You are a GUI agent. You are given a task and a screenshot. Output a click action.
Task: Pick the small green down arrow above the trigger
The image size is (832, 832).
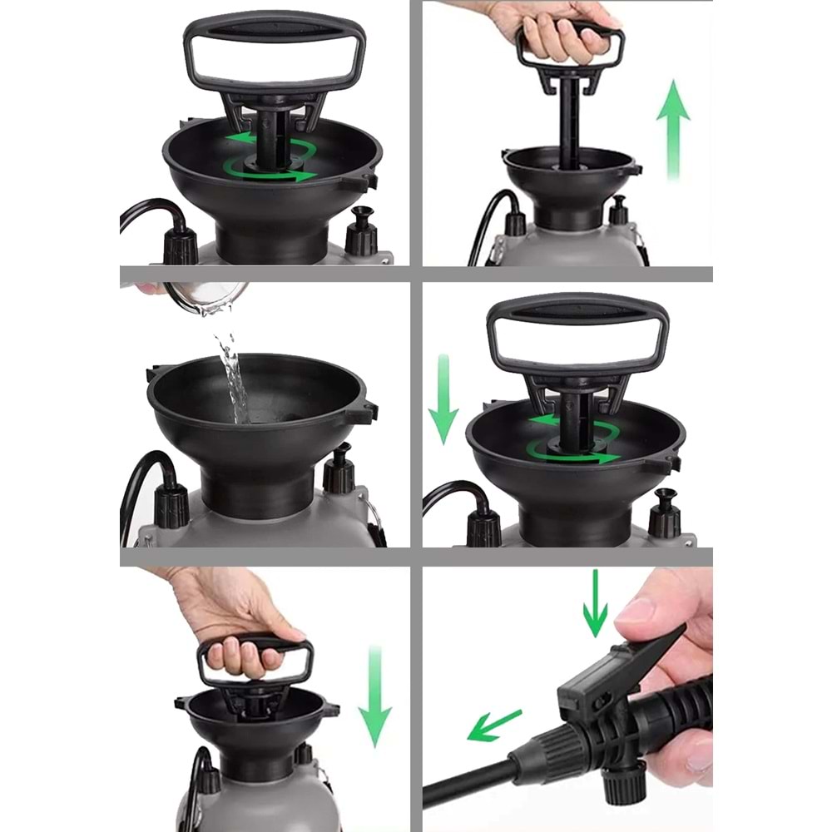pyautogui.click(x=595, y=603)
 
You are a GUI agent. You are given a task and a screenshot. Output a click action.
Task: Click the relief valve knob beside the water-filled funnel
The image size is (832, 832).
pyautogui.click(x=339, y=471)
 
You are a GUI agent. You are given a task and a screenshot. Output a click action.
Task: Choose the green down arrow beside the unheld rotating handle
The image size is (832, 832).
pyautogui.click(x=443, y=399)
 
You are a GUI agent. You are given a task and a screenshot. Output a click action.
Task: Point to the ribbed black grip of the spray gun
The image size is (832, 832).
pyautogui.click(x=678, y=707)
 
